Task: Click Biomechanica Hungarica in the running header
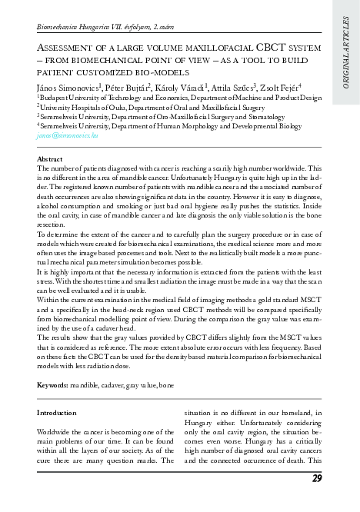click(73, 27)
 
